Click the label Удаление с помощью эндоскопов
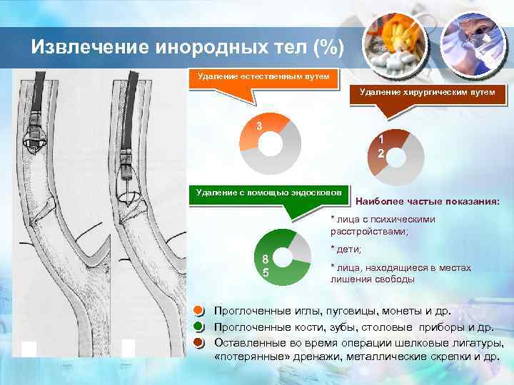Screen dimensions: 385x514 coord(268,192)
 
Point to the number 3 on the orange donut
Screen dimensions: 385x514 coord(260,126)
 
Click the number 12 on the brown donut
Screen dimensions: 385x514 coord(381,147)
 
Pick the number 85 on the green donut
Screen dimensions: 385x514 coord(265,266)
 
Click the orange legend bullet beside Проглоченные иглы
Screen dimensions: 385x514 coord(201,311)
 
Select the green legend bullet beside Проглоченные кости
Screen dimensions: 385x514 coord(201,327)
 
